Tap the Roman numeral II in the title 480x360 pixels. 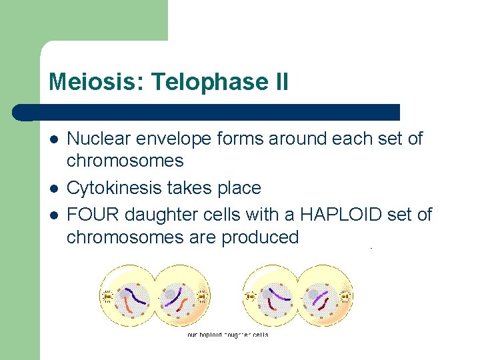(x=279, y=83)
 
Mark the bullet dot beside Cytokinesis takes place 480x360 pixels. (x=54, y=189)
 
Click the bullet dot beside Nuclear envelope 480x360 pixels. (x=54, y=140)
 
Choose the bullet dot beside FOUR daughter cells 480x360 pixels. (x=54, y=215)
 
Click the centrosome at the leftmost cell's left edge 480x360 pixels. (x=107, y=295)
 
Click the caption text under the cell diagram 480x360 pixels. (x=227, y=335)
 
